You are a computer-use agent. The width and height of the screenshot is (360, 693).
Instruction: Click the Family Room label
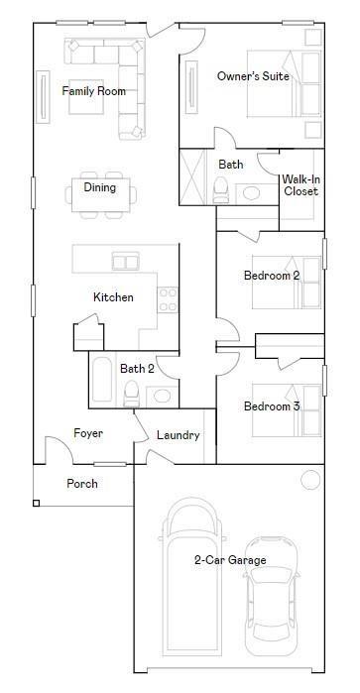point(94,91)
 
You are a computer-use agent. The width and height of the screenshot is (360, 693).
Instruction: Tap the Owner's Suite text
point(253,76)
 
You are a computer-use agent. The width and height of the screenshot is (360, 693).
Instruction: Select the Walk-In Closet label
point(300,185)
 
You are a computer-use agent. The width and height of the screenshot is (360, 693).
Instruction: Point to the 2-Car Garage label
point(230,560)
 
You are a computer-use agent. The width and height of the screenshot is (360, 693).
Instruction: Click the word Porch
point(82,484)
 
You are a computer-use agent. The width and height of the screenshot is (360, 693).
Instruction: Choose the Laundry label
point(179,435)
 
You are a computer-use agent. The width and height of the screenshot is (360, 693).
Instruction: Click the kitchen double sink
point(126,261)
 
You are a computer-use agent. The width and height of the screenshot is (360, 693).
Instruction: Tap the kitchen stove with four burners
point(168,299)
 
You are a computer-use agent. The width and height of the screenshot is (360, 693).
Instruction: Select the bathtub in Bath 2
point(102,379)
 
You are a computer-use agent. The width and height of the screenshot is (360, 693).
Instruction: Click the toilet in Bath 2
point(131,394)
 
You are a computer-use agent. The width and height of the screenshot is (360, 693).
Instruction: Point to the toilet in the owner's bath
point(221,190)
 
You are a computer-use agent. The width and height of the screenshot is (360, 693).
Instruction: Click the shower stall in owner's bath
point(192,176)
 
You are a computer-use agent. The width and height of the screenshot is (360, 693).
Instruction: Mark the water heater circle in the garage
point(310,480)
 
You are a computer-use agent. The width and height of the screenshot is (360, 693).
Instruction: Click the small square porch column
point(37,503)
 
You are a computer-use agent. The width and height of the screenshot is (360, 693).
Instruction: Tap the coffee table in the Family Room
point(86,96)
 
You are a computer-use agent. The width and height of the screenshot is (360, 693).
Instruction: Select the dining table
point(101,195)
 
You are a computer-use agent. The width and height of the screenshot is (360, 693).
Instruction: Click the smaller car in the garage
point(271,597)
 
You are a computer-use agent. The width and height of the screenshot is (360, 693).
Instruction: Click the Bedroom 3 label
point(272,406)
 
